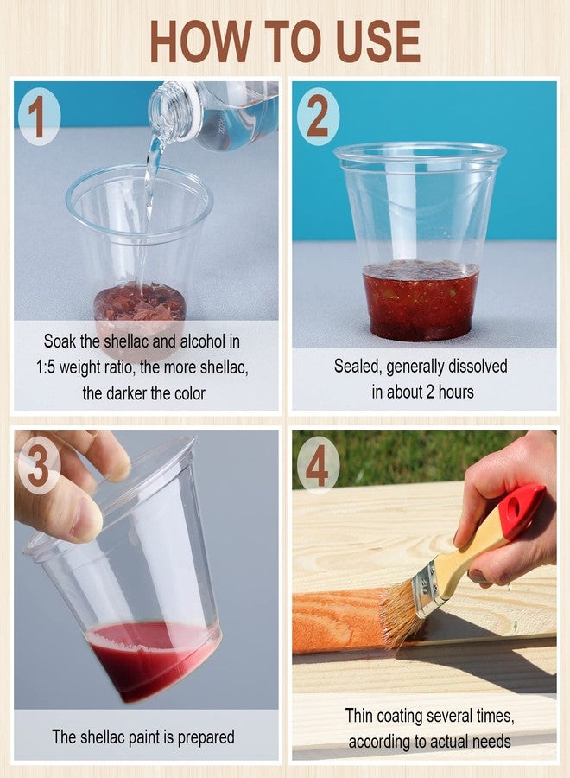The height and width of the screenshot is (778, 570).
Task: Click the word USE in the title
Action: click(x=378, y=41)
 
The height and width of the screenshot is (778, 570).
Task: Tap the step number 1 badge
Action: click(x=39, y=117)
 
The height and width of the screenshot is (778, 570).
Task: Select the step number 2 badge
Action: click(x=318, y=117)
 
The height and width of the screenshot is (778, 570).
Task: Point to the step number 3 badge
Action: click(x=39, y=467)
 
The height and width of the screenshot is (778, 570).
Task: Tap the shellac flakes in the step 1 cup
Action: click(x=140, y=303)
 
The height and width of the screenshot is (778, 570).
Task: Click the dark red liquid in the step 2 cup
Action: click(x=421, y=300)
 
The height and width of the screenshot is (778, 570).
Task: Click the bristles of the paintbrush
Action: click(x=402, y=615)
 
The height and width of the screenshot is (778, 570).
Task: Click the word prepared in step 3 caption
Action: click(x=206, y=738)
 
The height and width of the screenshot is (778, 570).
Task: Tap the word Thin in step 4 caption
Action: click(x=358, y=716)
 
